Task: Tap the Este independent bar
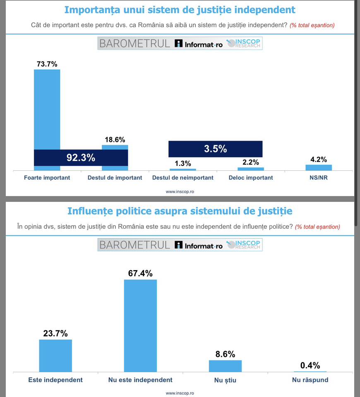[x=55, y=356]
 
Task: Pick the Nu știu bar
[x=225, y=366]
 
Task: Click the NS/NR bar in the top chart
[x=319, y=167]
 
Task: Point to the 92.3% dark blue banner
[x=81, y=158]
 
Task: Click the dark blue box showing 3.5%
[x=215, y=149]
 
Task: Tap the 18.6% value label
[x=115, y=140]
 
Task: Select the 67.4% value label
[x=140, y=273]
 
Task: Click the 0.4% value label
[x=310, y=365]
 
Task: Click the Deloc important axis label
[x=251, y=178]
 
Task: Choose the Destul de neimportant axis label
[x=183, y=178]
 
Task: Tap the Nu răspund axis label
[x=310, y=380]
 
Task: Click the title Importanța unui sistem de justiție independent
[x=180, y=10]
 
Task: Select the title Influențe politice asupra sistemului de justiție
[x=180, y=211]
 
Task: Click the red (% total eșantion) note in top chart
[x=312, y=25]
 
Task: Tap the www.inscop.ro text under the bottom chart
[x=180, y=393]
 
